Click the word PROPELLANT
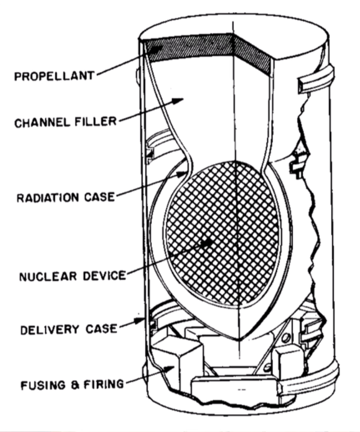pos(54,76)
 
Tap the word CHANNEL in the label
pos(42,122)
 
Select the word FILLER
pos(96,121)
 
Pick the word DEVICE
pos(104,276)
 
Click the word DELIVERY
pos(50,330)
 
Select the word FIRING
pos(103,384)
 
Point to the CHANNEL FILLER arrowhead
pos(179,101)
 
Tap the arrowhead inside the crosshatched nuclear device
pos(207,243)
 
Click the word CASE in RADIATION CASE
pos(100,197)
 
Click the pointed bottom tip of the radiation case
pos(240,339)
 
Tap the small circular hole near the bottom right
pos(286,337)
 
